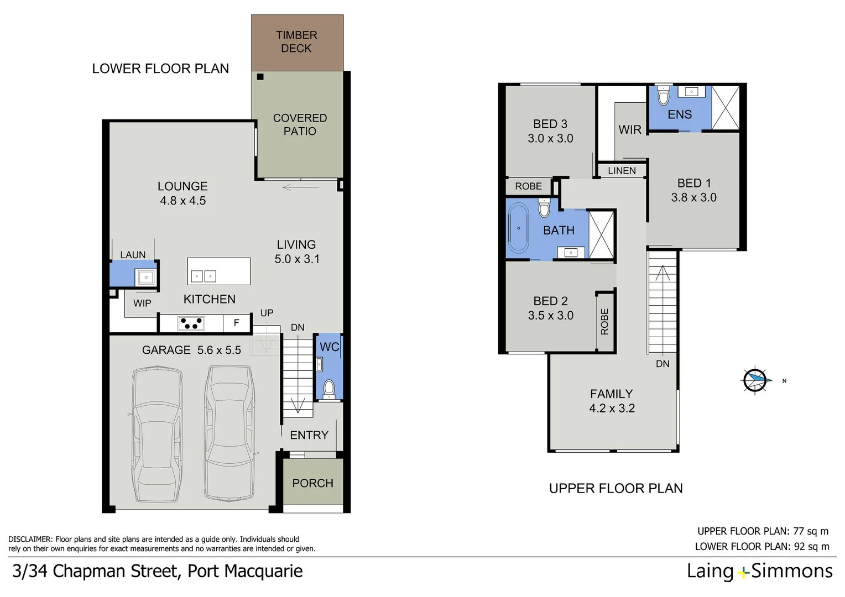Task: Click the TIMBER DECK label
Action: point(296,42)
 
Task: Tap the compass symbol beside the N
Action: point(755,380)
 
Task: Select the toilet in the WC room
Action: point(328,387)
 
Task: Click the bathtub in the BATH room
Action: point(518,228)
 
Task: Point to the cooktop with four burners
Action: point(191,323)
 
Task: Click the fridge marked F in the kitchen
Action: point(237,323)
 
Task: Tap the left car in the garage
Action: point(157,434)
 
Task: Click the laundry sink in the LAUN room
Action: point(146,276)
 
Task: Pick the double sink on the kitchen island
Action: point(203,276)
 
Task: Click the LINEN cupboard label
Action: point(622,171)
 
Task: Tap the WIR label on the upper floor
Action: point(630,129)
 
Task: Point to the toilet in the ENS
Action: point(664,96)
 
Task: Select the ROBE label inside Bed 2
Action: point(604,322)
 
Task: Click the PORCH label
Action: point(312,483)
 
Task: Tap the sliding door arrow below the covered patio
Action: point(300,187)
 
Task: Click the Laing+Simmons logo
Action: point(759,571)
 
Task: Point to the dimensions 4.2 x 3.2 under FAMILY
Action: point(612,409)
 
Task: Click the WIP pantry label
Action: point(142,303)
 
